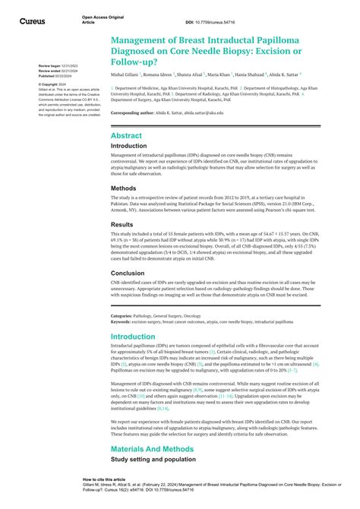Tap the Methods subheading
click(124, 188)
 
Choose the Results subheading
click(122, 225)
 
